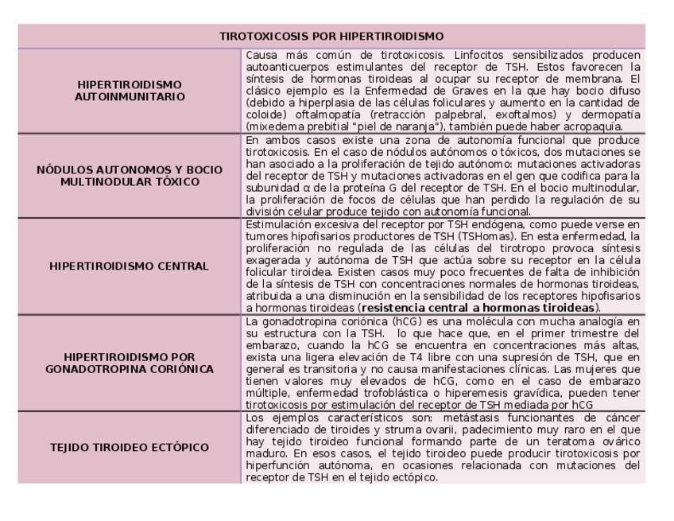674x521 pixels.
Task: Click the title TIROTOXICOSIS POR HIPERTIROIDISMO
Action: pyautogui.click(x=331, y=37)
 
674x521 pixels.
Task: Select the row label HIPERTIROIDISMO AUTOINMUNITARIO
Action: pyautogui.click(x=129, y=91)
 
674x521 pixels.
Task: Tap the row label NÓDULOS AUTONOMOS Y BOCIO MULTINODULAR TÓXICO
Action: pyautogui.click(x=129, y=176)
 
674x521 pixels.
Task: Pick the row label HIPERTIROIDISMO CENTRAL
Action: pyautogui.click(x=129, y=266)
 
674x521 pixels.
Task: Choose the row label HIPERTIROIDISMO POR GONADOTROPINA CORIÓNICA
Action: pyautogui.click(x=129, y=363)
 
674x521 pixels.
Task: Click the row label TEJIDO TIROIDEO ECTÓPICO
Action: pyautogui.click(x=129, y=447)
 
